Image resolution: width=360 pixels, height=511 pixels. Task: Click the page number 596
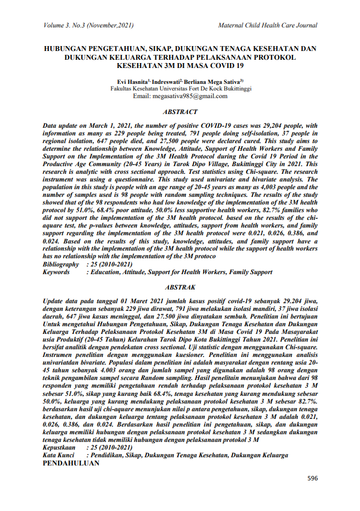click(x=312, y=478)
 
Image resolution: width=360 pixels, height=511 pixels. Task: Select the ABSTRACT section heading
click(x=180, y=112)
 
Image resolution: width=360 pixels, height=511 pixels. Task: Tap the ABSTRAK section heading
click(x=180, y=287)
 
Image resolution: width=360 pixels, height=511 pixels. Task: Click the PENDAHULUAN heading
click(x=71, y=463)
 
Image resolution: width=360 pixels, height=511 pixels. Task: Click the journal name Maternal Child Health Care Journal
click(x=267, y=25)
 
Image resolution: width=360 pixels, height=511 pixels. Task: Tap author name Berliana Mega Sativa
click(x=213, y=81)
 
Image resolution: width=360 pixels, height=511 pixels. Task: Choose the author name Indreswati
click(x=167, y=81)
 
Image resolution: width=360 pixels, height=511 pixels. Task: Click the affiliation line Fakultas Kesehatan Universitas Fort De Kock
click(x=180, y=88)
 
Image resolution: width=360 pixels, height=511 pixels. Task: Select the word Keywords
click(x=57, y=272)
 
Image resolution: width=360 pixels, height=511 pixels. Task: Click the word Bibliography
click(x=60, y=264)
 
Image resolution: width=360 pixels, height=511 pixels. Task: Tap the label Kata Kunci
click(x=58, y=456)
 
